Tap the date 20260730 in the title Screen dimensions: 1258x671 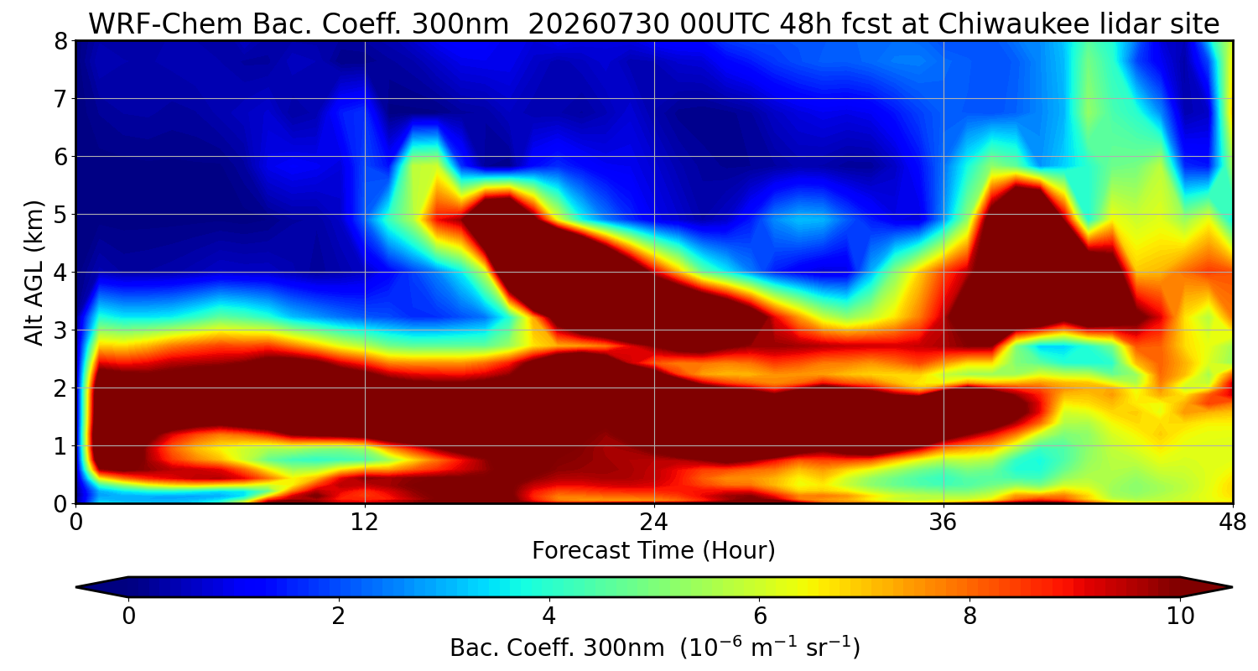[599, 23]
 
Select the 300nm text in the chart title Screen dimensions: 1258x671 [460, 23]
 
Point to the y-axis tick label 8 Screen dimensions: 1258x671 [60, 41]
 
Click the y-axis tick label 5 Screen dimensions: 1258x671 [60, 215]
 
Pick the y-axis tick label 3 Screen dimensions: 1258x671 [60, 330]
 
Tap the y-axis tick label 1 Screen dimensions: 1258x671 [60, 446]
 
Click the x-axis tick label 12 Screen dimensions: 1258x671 [365, 523]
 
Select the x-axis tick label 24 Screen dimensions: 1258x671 [654, 523]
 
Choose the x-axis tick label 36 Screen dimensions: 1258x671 [943, 523]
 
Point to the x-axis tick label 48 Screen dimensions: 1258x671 [1233, 523]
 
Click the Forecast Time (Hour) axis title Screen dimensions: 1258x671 [653, 551]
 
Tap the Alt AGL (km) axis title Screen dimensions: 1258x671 [34, 273]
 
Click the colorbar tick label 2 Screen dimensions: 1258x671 [338, 616]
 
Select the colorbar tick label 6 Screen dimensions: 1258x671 [760, 616]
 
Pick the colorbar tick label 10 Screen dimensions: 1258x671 [1181, 616]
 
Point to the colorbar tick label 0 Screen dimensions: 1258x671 [128, 616]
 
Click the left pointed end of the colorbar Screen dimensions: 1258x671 [77, 587]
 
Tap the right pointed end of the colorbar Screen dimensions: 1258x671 [1232, 587]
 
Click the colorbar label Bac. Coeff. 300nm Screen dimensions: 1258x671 [557, 648]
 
